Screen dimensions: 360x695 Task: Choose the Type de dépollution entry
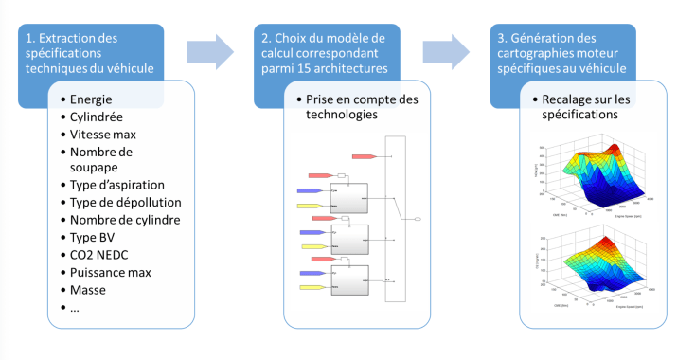126,203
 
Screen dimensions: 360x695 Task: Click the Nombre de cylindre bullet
125,221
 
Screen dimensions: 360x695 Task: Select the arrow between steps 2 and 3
445,53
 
